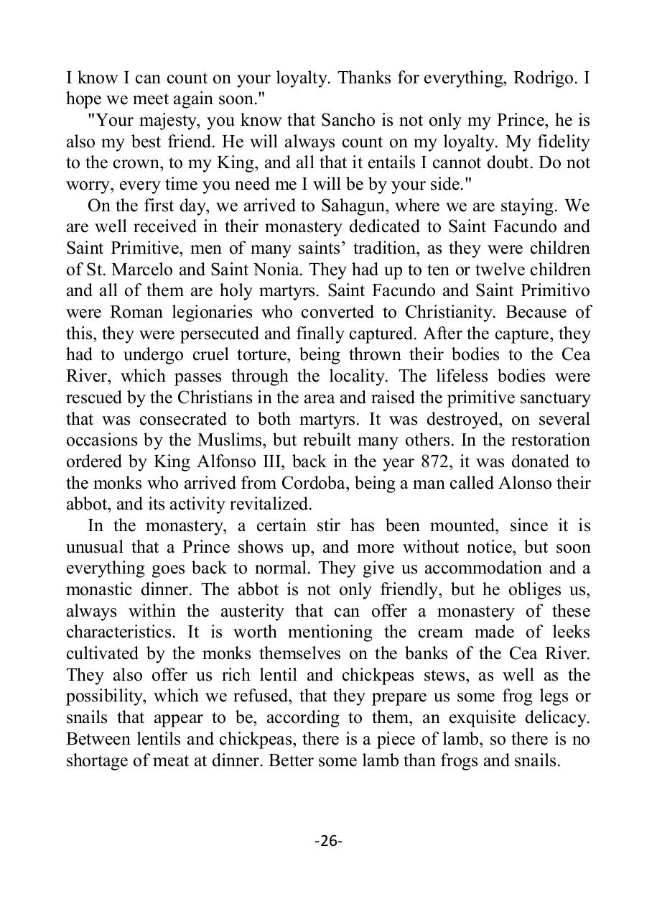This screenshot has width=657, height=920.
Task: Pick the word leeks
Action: click(x=568, y=632)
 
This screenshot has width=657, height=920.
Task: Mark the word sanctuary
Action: click(x=553, y=397)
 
